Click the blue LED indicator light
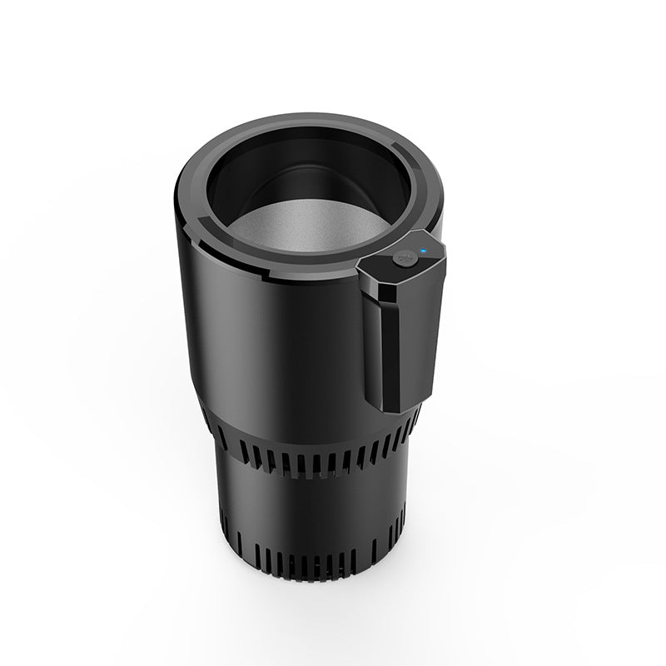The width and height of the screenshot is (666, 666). coord(423,249)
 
